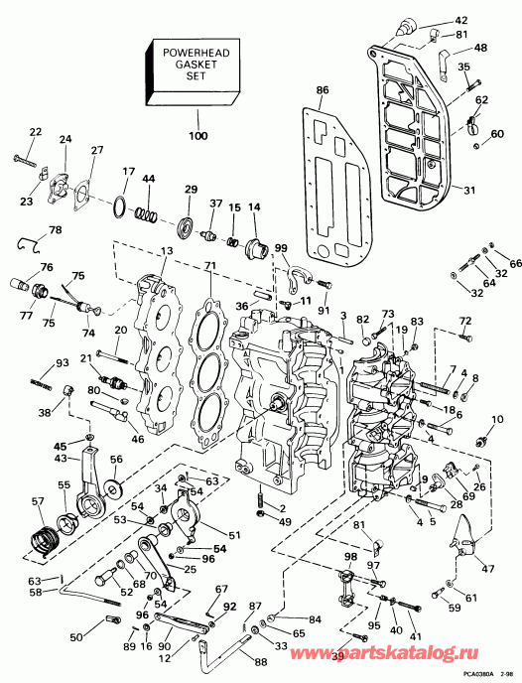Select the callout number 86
(x=322, y=90)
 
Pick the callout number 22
(x=35, y=132)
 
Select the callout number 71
(x=208, y=267)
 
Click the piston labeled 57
(x=41, y=542)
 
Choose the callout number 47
(x=489, y=571)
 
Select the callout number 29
(x=191, y=189)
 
